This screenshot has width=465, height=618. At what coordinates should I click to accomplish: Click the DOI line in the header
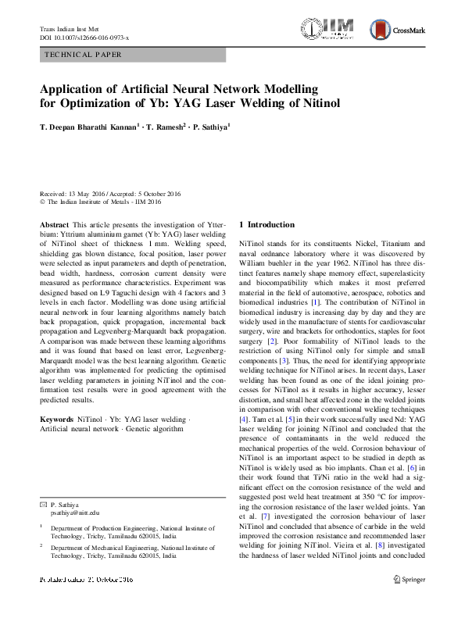click(84, 38)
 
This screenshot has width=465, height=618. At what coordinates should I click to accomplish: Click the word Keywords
click(58, 420)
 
